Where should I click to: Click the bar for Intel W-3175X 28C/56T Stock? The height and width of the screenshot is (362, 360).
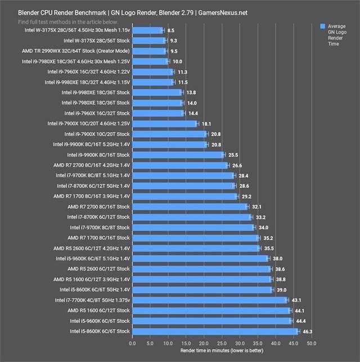pos(149,40)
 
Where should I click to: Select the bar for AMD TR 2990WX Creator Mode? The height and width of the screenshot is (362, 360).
pos(150,51)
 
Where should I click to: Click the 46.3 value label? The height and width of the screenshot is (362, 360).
pos(307,332)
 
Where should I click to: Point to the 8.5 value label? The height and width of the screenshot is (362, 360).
pos(170,30)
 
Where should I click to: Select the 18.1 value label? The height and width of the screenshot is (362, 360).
pos(206,124)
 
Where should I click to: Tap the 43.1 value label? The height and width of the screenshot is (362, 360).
pos(296,300)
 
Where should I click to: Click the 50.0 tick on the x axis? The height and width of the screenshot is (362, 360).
pos(311,343)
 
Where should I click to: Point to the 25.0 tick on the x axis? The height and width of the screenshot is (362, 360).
pos(222,343)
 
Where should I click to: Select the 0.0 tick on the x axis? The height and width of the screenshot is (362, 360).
pos(132,343)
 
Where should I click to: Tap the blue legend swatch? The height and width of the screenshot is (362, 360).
pos(322,26)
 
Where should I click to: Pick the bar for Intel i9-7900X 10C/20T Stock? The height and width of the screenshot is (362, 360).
pos(169,134)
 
